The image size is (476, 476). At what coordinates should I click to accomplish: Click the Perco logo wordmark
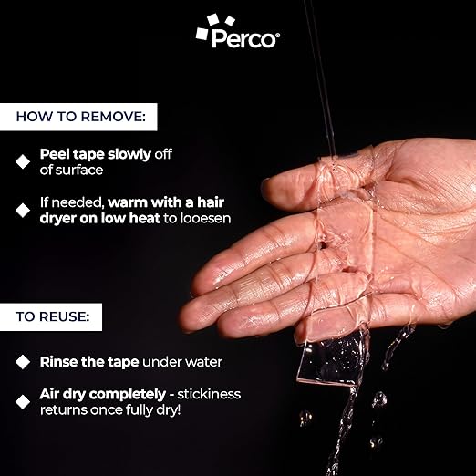[x=243, y=38]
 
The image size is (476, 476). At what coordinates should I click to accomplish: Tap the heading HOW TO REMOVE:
[x=81, y=117]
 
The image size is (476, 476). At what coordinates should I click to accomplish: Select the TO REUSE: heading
[x=53, y=316]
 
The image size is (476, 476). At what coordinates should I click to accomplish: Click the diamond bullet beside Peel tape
[x=23, y=161]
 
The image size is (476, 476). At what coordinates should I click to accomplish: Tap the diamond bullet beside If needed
[x=23, y=211]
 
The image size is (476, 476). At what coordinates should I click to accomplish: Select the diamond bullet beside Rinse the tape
[x=23, y=362]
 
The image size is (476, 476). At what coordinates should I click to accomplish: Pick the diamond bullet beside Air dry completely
[x=23, y=402]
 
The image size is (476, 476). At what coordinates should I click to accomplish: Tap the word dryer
[x=57, y=219]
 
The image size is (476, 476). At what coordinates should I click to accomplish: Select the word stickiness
[x=209, y=394]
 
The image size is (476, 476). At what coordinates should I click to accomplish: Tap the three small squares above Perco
[x=215, y=26]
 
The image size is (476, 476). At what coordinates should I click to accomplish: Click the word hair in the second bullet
[x=211, y=202]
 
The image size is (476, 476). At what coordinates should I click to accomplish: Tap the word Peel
[x=55, y=154]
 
